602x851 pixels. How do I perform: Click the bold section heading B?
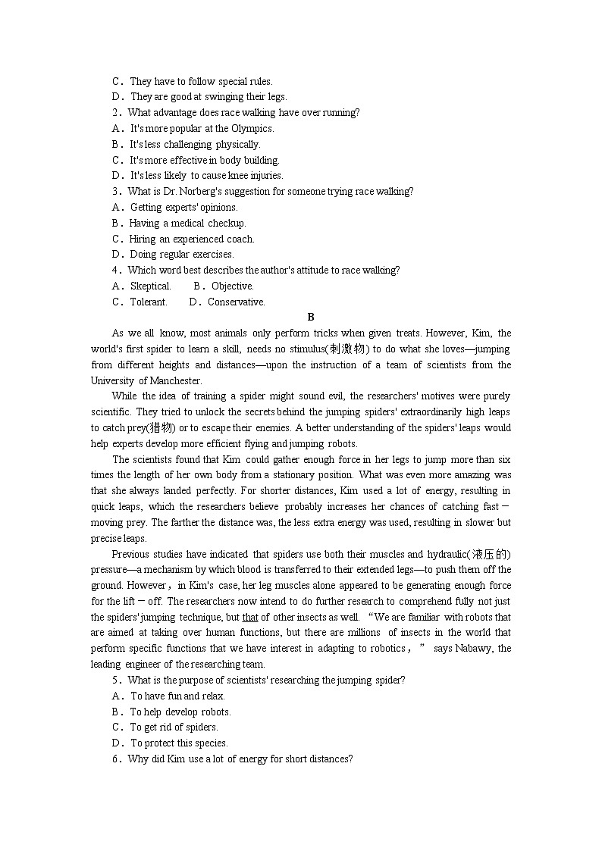pos(311,318)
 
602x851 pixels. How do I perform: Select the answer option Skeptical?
pos(150,286)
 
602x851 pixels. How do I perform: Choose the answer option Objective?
pos(232,286)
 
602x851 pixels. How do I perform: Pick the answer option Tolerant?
pos(148,302)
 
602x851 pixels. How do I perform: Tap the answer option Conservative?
pos(236,302)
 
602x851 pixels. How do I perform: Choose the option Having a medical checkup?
pos(187,224)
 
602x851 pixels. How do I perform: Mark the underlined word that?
pos(250,618)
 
